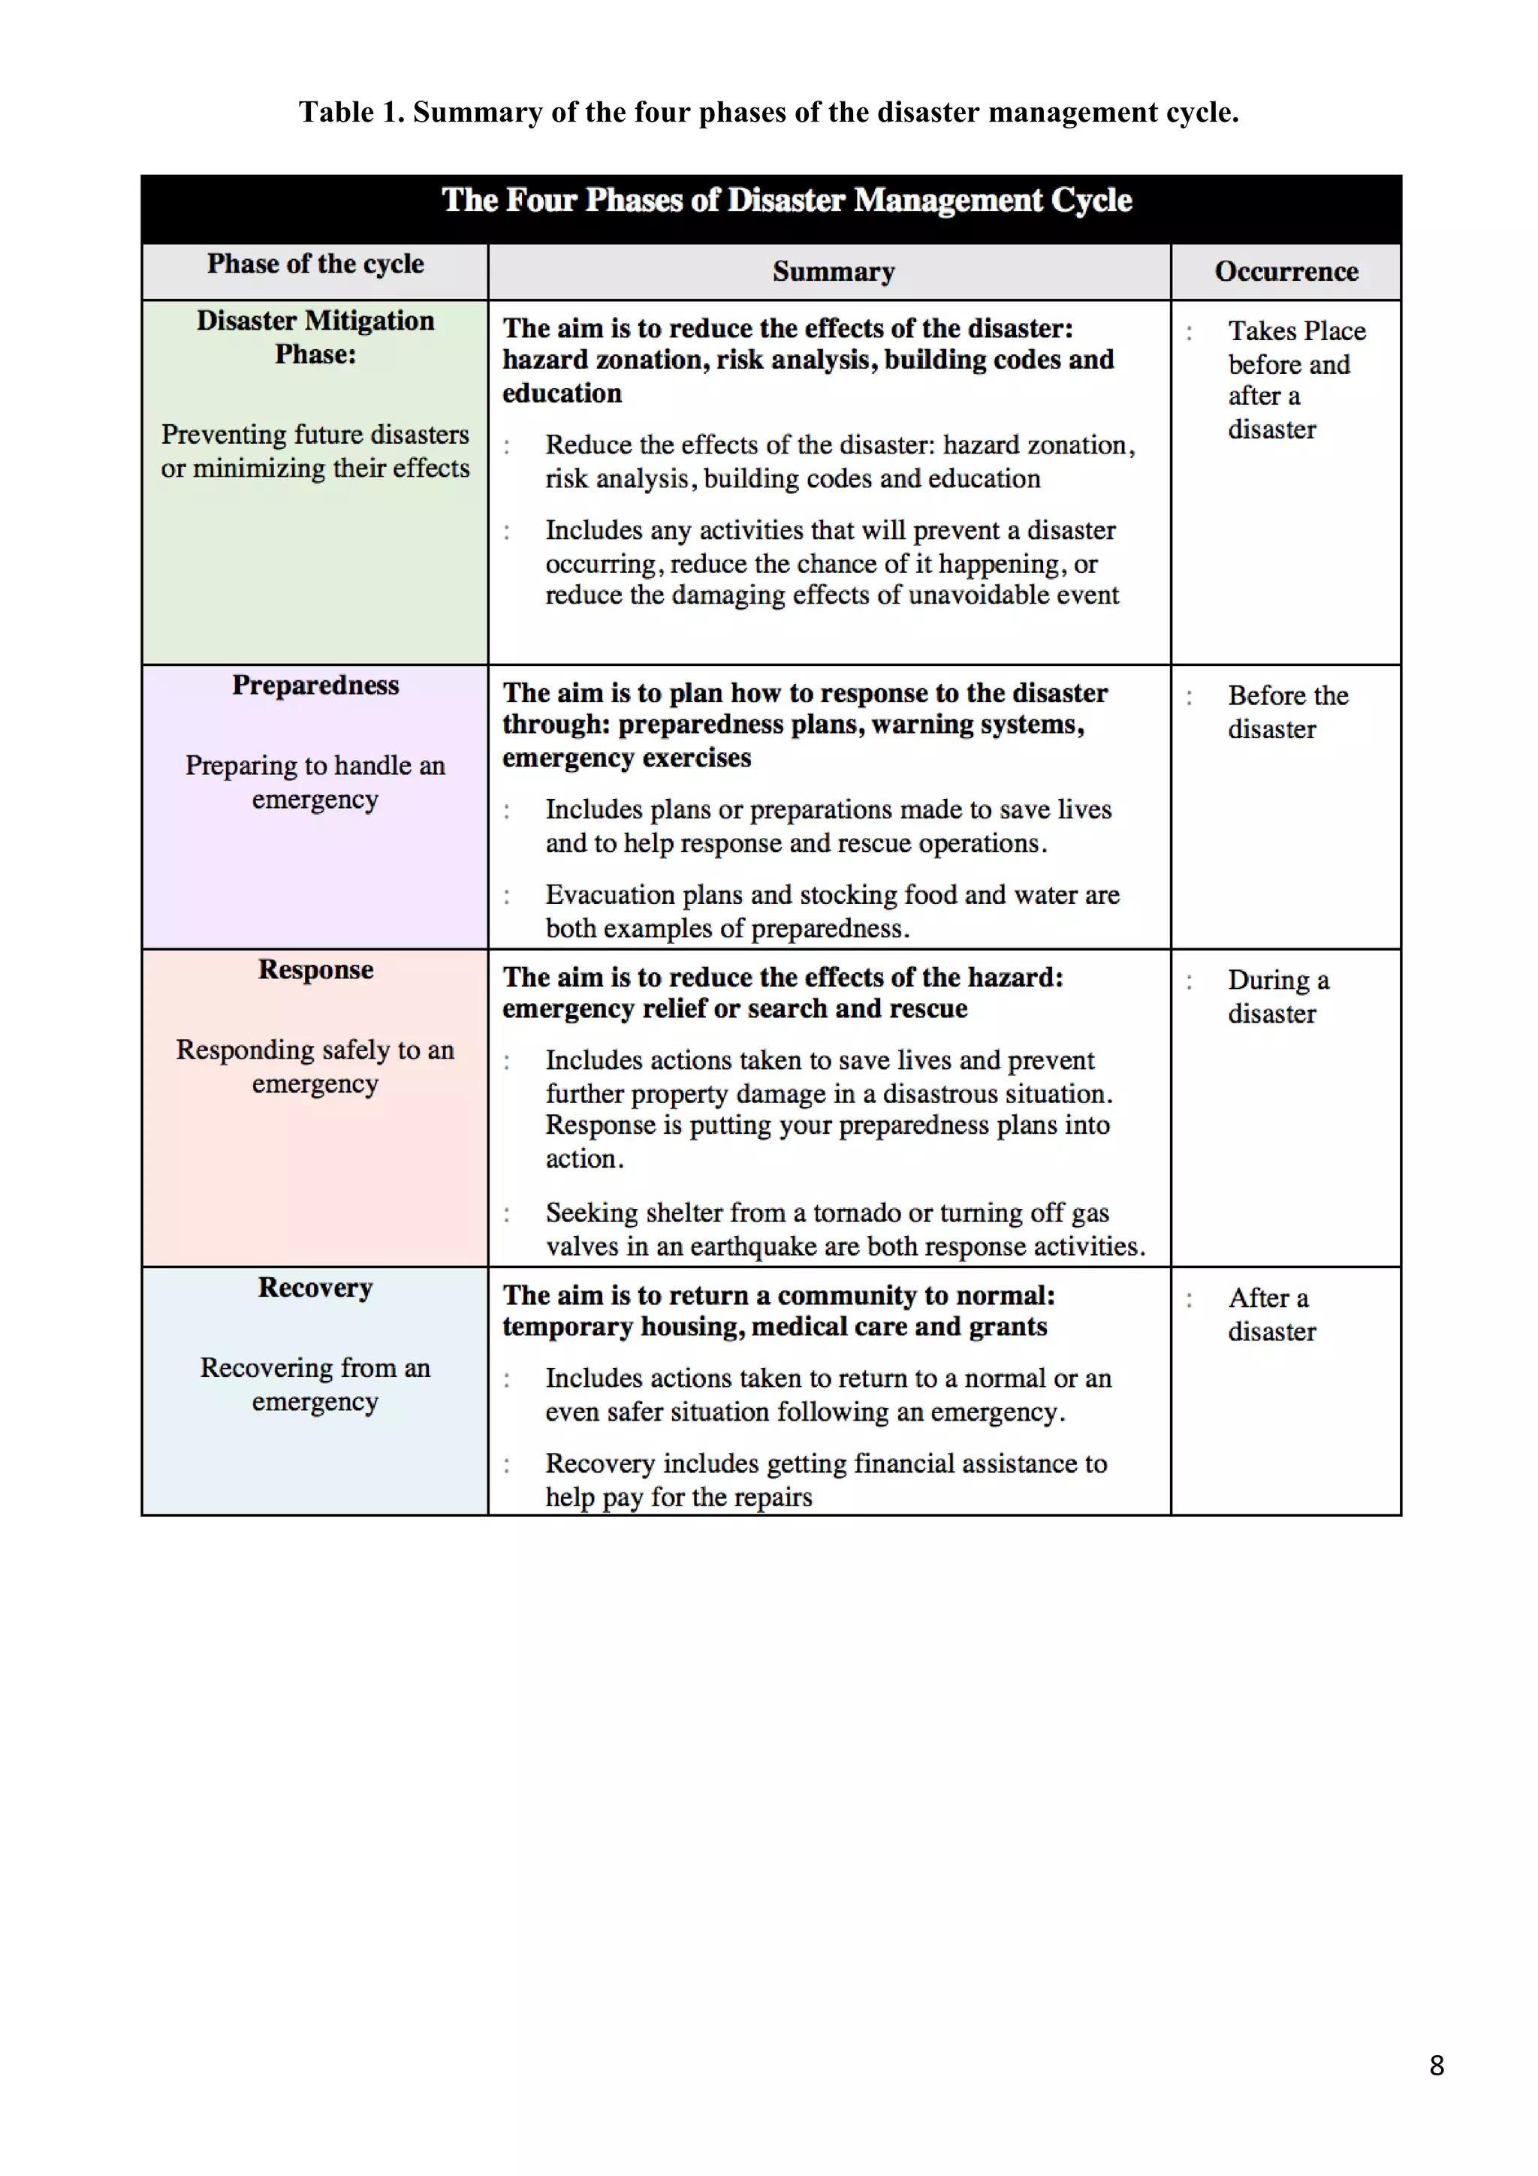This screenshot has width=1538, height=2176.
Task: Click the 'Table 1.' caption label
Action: point(351,113)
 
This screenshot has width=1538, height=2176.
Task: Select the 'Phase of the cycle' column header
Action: point(315,264)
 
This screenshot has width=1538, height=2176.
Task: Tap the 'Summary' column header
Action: point(833,272)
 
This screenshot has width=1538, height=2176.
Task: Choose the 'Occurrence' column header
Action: point(1286,272)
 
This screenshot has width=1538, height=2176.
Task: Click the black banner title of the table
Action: point(786,201)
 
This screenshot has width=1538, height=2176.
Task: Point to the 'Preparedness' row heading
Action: point(315,686)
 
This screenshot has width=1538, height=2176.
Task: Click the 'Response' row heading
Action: point(315,969)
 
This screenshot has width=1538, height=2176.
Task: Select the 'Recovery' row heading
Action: point(315,1287)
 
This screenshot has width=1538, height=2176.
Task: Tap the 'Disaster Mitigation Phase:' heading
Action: point(315,337)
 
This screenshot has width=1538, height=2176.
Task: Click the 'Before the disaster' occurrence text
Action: point(1287,712)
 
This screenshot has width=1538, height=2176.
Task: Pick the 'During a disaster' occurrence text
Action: point(1277,996)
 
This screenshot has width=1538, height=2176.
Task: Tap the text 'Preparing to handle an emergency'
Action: point(315,782)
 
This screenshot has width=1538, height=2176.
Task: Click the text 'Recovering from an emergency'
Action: point(315,1384)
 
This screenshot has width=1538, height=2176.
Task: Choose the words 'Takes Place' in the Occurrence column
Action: point(1296,331)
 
